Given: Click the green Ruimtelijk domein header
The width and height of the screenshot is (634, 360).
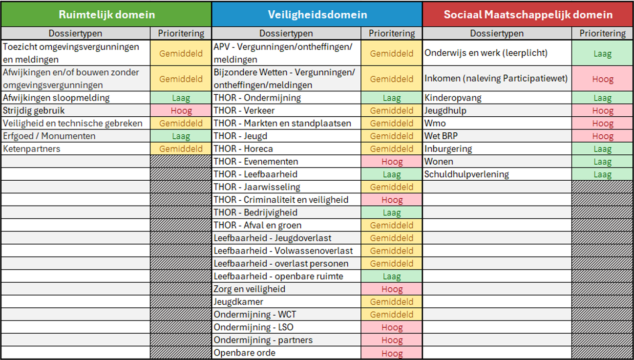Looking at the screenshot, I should tap(106, 14).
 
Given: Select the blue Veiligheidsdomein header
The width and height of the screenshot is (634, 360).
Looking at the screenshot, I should tap(317, 14).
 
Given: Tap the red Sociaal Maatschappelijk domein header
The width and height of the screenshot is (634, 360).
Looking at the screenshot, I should tap(528, 14).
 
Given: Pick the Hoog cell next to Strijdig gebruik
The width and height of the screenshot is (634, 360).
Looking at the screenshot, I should tap(181, 110).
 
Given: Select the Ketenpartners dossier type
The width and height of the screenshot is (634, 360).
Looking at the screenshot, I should tap(32, 148).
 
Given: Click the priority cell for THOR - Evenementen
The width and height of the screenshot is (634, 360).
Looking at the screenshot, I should tap(392, 162).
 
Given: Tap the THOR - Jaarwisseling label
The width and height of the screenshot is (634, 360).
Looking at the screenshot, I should tap(257, 187).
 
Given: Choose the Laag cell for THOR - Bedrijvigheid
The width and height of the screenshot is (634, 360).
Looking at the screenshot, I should tap(392, 212).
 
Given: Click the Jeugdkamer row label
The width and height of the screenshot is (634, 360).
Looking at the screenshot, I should tap(238, 302).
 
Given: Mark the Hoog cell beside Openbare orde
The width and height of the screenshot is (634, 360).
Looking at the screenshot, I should tap(392, 353).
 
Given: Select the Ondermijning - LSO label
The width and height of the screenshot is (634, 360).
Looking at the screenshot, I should tap(254, 327).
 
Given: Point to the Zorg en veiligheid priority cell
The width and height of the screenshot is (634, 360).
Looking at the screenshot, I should tap(392, 289).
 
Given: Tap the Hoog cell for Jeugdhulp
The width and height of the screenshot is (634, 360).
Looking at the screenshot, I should tap(602, 110).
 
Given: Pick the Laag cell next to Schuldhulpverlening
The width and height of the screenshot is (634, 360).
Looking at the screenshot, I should tap(602, 174).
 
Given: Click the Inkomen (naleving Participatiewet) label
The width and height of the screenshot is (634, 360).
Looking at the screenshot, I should tap(496, 78).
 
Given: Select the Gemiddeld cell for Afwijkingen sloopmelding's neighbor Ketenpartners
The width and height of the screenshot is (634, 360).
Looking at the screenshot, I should tap(181, 148).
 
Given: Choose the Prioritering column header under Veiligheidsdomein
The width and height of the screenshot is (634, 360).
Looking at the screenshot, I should tap(392, 33).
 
